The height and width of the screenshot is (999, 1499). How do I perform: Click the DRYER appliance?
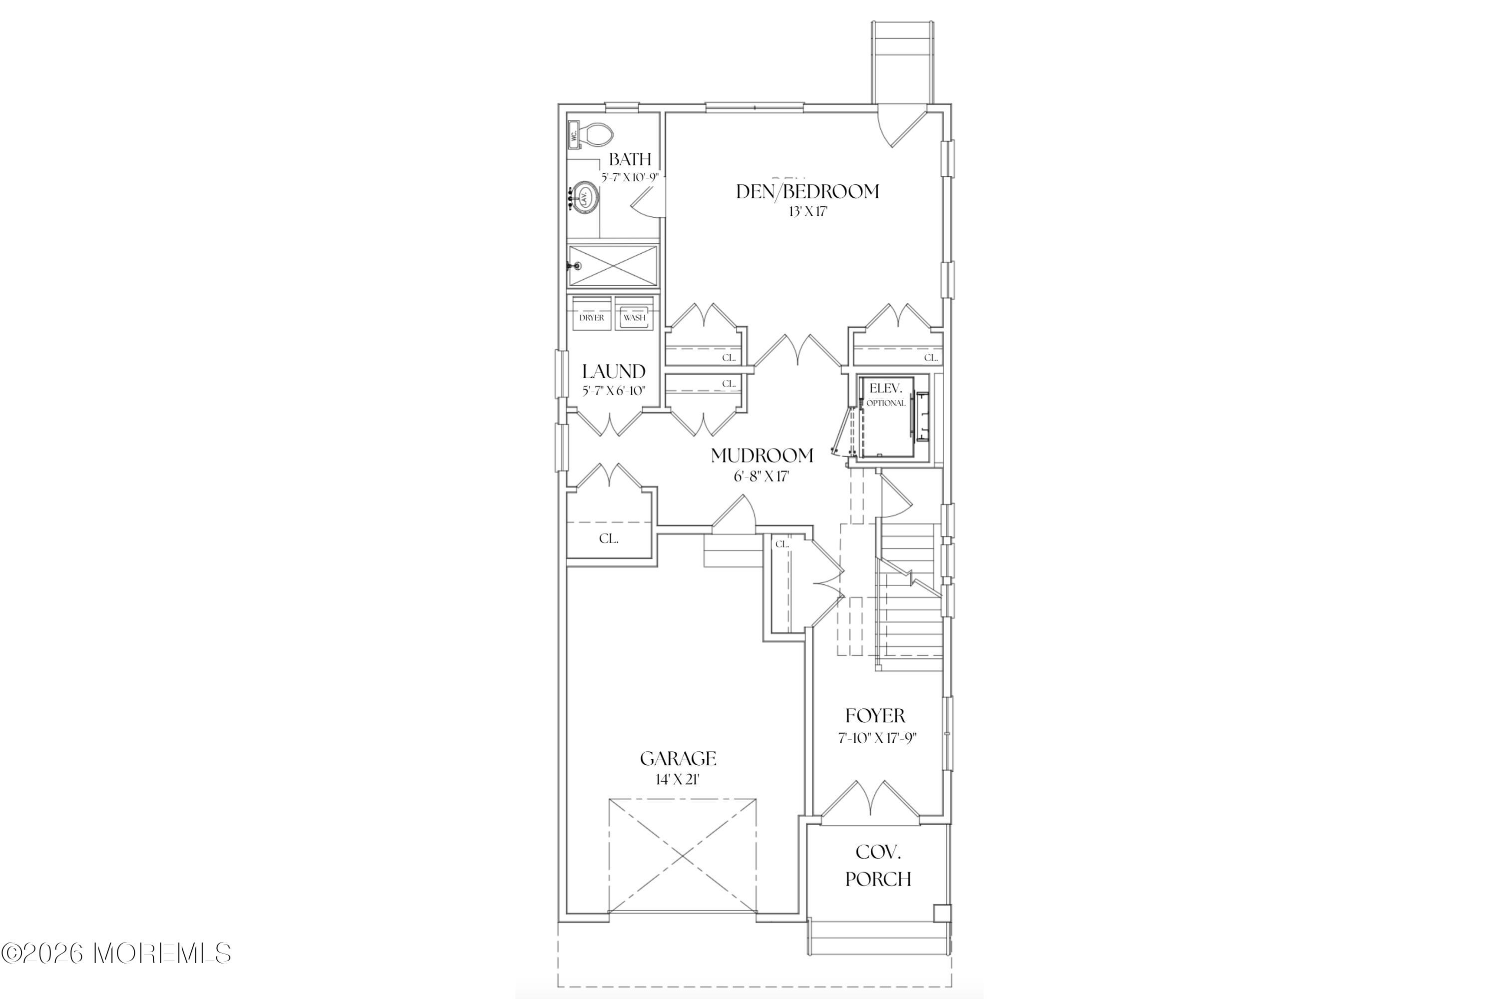[592, 317]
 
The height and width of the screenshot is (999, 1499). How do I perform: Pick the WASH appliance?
[634, 317]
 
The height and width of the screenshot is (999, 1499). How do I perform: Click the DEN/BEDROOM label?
[807, 192]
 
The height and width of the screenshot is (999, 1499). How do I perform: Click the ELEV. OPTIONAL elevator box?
[886, 417]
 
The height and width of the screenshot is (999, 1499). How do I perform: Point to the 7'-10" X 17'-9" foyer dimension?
[877, 738]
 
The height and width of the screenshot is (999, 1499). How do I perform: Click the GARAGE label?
[678, 759]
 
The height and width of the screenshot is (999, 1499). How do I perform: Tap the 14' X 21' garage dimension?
[678, 779]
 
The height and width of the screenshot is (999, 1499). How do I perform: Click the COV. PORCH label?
[877, 865]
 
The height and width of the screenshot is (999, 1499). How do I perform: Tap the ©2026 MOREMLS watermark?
[116, 953]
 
